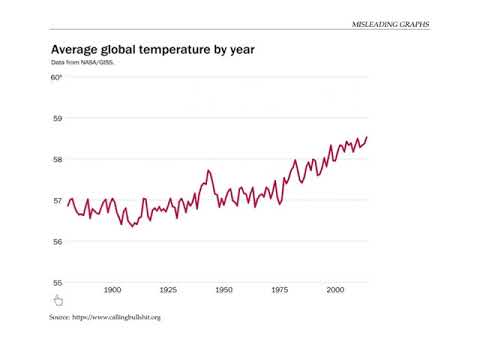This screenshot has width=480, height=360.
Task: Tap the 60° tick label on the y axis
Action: coord(56,77)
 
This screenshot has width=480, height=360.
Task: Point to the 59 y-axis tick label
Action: coord(56,118)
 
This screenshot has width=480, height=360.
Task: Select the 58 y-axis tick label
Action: coord(56,159)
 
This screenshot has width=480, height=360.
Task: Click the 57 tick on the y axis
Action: coord(56,200)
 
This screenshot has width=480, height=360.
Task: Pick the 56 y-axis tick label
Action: coord(56,241)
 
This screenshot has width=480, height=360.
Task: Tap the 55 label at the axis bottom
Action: coord(56,282)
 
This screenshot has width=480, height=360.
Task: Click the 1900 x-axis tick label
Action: coord(113,289)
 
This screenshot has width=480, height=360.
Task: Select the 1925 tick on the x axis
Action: coord(168,289)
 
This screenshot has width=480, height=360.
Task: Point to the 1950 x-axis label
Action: coord(224,289)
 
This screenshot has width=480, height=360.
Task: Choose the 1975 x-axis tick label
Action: coord(279,289)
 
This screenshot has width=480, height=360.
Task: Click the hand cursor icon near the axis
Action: coord(58,300)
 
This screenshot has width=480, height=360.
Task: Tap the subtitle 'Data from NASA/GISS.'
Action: coord(84,62)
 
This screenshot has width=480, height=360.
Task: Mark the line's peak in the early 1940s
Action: coord(208,171)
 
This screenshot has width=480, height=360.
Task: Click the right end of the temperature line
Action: coord(367,137)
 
